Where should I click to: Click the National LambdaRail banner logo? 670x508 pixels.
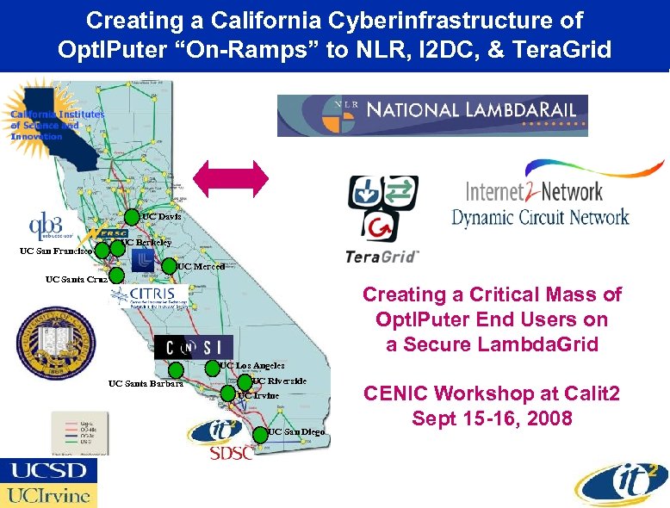click(432, 115)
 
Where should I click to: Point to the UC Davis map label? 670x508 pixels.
click(162, 216)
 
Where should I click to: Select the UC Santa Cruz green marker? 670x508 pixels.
click(116, 276)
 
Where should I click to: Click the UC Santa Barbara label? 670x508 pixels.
click(146, 384)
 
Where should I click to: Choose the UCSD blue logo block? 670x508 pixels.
click(48, 471)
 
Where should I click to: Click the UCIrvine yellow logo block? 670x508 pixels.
click(48, 495)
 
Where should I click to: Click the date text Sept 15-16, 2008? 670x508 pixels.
click(492, 419)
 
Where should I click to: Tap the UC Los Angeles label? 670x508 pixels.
click(251, 366)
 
